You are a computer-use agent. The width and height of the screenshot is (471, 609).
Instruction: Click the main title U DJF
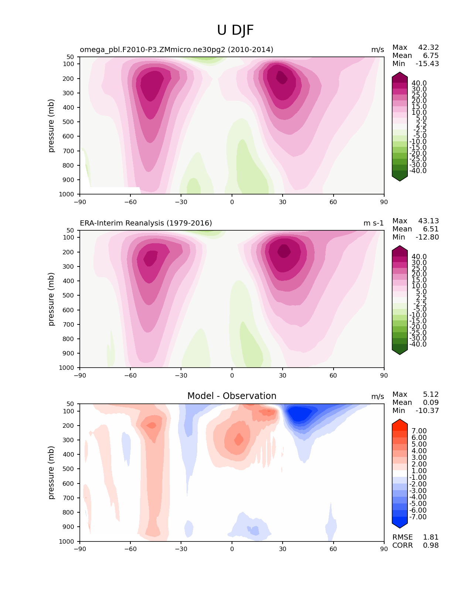[x=235, y=30]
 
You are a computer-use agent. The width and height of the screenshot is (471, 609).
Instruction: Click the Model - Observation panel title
[x=232, y=396]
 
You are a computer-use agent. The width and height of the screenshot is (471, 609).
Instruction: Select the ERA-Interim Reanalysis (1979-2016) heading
[x=146, y=223]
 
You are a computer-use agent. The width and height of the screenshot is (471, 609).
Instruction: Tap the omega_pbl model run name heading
[x=177, y=49]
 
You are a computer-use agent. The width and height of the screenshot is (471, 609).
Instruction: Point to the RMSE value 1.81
[x=431, y=537]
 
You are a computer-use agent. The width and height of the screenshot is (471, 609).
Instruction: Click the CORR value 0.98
[x=431, y=545]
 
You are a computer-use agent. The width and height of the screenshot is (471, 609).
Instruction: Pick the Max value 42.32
[x=429, y=47]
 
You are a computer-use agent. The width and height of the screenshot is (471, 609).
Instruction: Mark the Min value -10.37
[x=427, y=410]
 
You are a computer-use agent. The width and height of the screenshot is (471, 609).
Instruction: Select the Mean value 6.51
[x=431, y=229]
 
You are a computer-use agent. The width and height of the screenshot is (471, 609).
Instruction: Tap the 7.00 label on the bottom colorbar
[x=419, y=431]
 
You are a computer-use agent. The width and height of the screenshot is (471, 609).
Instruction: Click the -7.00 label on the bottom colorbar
[x=418, y=517]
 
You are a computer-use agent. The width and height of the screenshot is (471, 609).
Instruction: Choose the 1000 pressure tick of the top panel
[x=66, y=194]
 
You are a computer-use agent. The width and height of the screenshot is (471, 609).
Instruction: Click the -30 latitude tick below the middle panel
[x=181, y=375]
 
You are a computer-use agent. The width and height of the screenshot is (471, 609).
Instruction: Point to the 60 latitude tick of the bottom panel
[x=333, y=549]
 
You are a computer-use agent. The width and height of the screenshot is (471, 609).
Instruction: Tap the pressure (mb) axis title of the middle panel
[x=51, y=299]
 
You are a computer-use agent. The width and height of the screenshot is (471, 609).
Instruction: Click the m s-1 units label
[x=373, y=223]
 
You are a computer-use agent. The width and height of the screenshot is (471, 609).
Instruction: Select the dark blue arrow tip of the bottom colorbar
[x=399, y=528]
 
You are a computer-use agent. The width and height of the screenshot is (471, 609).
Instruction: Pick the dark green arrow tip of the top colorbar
[x=399, y=181]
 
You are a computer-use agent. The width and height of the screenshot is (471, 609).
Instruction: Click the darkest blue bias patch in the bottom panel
[x=299, y=414]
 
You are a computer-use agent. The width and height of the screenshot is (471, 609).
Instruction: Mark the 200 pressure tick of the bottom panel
[x=68, y=426]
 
